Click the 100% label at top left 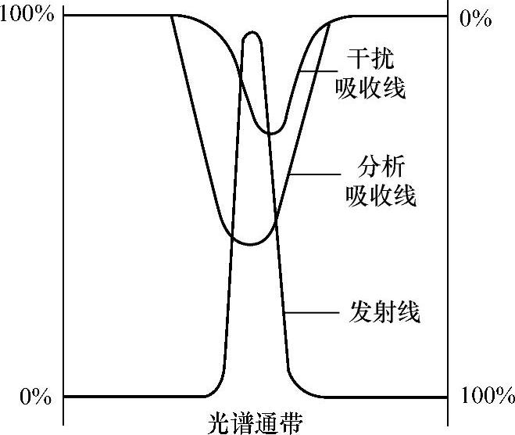pos(27,16)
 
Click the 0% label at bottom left pos(34,397)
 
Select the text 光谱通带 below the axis pos(256,422)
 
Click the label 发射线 pos(382,312)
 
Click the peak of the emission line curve pos(252,33)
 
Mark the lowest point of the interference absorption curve pos(270,133)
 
